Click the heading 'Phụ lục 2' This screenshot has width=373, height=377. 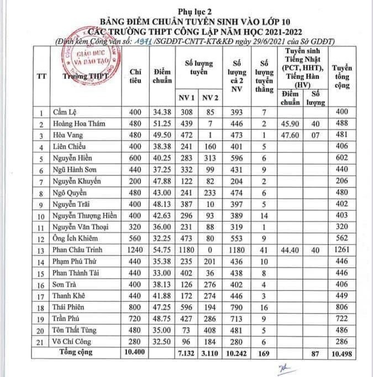[x=186, y=11]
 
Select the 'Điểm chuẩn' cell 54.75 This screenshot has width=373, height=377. [x=162, y=249]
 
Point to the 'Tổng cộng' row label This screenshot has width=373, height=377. [x=77, y=352]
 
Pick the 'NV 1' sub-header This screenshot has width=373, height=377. [x=187, y=98]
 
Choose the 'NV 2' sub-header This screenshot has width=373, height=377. [x=209, y=98]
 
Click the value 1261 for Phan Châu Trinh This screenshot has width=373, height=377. [x=343, y=250]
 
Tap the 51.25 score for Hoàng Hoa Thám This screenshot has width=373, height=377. [x=162, y=123]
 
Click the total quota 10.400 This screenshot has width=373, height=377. [x=135, y=352]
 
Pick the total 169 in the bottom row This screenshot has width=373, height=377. [x=264, y=352]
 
